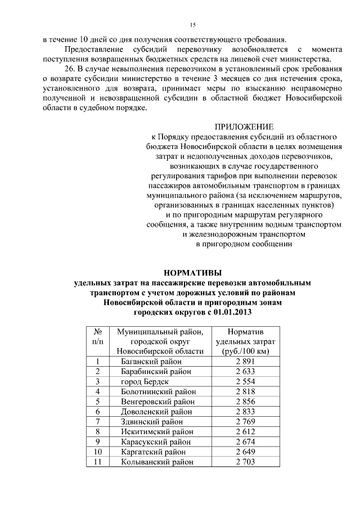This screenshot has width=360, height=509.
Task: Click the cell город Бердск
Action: (x=145, y=381)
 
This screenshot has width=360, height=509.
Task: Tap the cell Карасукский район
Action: (x=155, y=442)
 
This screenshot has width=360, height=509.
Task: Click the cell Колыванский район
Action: (x=157, y=462)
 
